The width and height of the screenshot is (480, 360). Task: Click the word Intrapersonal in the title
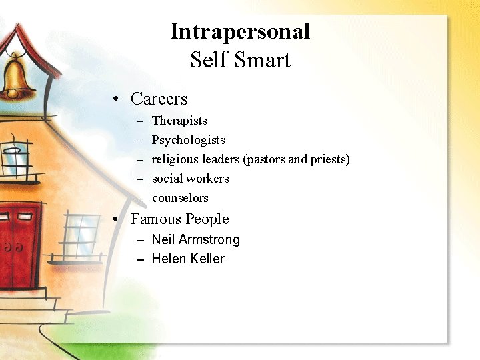coord(240,31)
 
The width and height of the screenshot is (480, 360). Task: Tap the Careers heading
coord(159,99)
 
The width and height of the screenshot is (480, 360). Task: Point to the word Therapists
coord(179,121)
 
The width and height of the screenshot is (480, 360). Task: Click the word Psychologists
coord(189,140)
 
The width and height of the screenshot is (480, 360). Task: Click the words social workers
coord(190,179)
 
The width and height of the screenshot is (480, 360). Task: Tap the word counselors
coord(180,198)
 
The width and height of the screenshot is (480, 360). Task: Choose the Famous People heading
coord(180,219)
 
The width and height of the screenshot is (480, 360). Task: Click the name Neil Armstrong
coord(196,239)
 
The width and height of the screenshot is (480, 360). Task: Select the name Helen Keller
coord(188,259)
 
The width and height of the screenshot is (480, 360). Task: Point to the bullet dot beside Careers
coord(116,100)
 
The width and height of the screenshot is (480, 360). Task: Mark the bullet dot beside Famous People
coord(116,220)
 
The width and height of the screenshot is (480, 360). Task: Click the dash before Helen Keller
coord(140,259)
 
